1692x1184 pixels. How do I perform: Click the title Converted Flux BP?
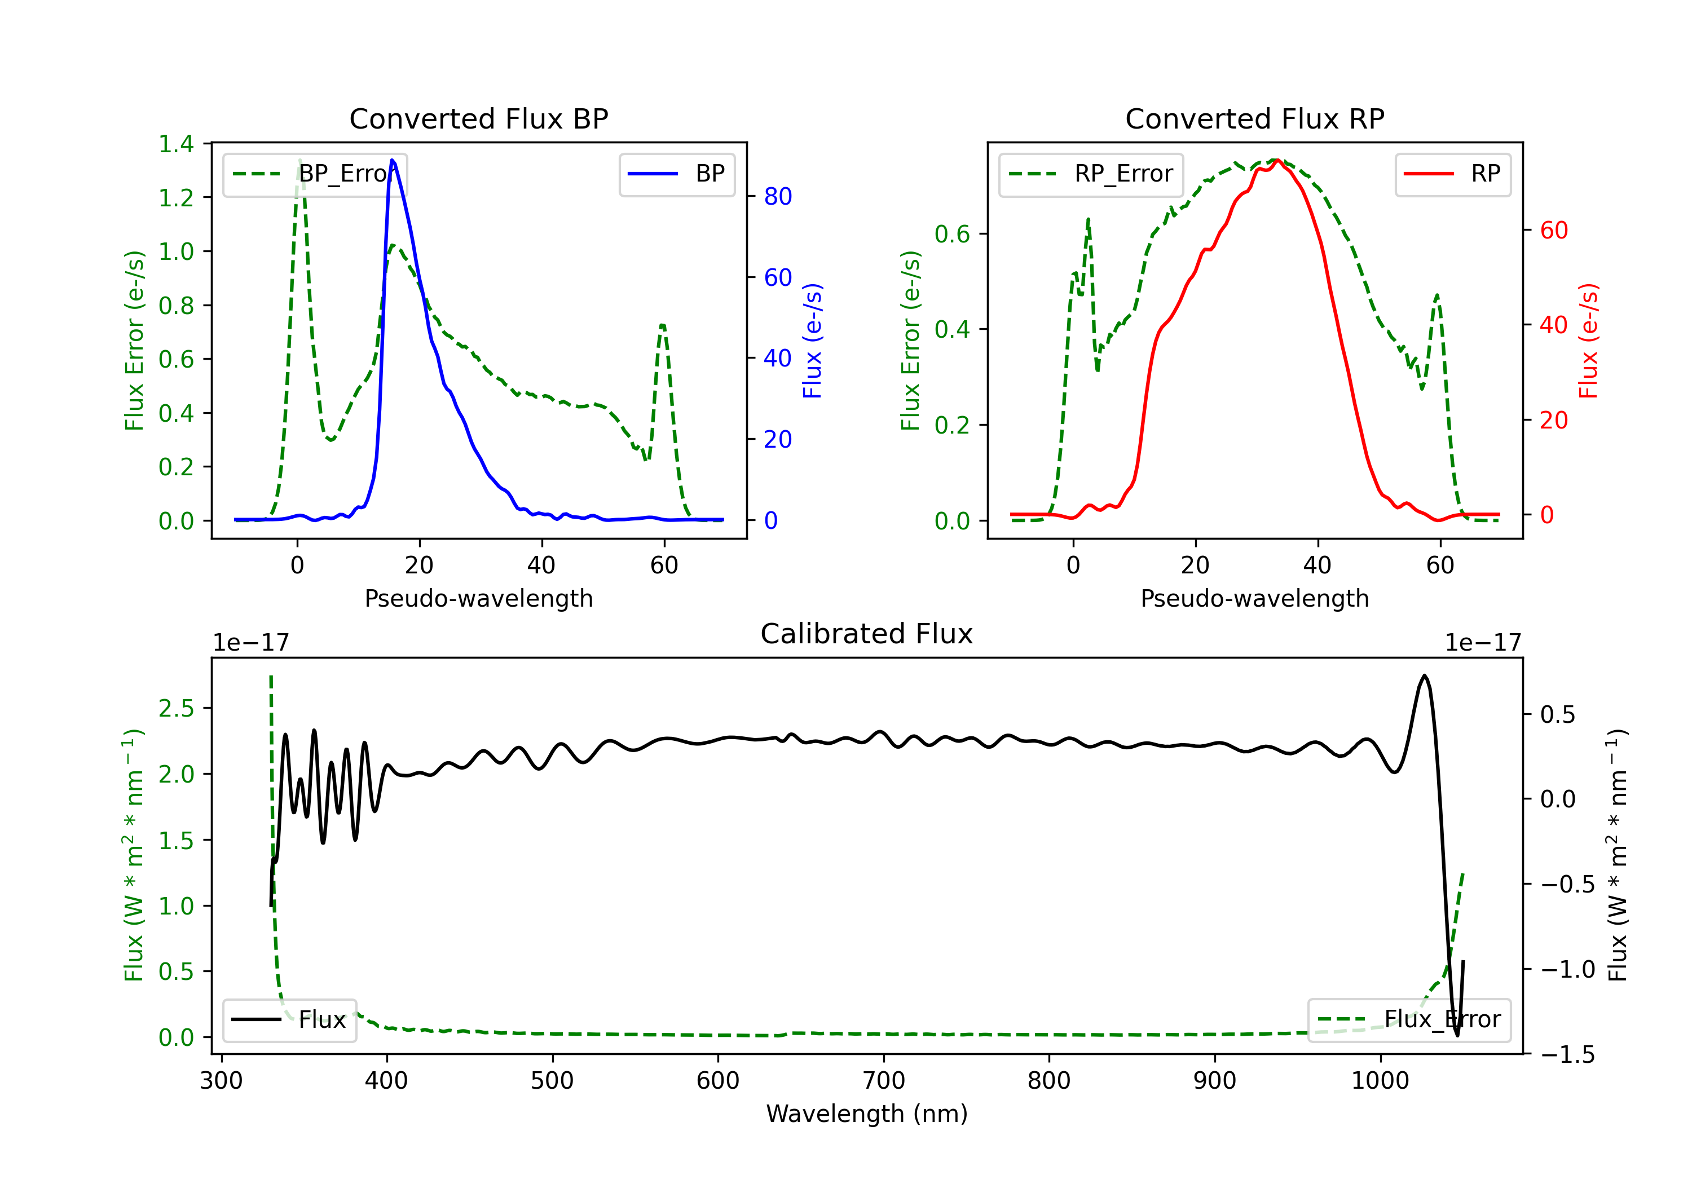pyautogui.click(x=478, y=118)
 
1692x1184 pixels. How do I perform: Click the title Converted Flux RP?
pyautogui.click(x=1254, y=118)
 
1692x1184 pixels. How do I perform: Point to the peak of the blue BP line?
pyautogui.click(x=392, y=160)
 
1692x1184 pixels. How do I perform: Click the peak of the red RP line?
pyautogui.click(x=1277, y=160)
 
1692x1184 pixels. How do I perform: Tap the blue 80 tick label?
pyautogui.click(x=777, y=197)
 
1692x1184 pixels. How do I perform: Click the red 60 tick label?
pyautogui.click(x=1553, y=231)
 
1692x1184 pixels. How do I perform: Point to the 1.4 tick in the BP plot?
pyautogui.click(x=176, y=144)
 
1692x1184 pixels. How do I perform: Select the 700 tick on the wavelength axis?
pyautogui.click(x=883, y=1080)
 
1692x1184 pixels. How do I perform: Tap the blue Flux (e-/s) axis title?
pyautogui.click(x=812, y=341)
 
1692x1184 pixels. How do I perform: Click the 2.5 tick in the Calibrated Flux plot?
pyautogui.click(x=176, y=709)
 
